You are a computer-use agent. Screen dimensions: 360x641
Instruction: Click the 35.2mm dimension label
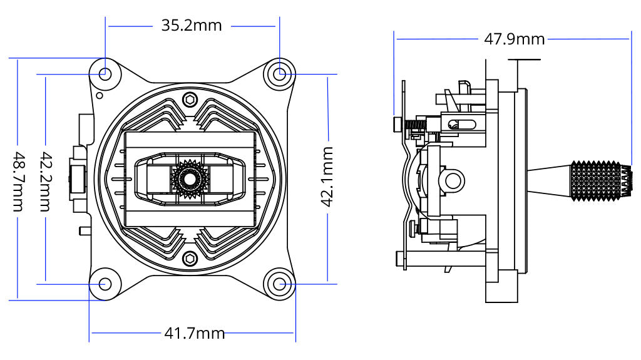[x=192, y=25]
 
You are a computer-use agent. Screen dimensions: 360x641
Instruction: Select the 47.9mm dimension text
[x=515, y=39]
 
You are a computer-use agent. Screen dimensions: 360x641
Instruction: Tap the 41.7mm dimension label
[x=194, y=333]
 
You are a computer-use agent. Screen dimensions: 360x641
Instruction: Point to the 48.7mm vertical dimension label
[x=19, y=182]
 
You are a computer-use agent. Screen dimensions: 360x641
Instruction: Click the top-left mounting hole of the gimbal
[x=105, y=74]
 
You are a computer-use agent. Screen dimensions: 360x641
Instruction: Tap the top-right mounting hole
[x=280, y=74]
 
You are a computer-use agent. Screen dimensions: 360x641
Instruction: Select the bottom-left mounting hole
[x=105, y=284]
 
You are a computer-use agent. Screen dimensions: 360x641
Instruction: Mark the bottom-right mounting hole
[x=280, y=284]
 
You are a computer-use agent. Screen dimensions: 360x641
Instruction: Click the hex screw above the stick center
[x=190, y=100]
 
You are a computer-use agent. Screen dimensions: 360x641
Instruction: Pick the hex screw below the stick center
[x=190, y=258]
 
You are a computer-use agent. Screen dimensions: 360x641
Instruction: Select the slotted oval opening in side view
[x=460, y=123]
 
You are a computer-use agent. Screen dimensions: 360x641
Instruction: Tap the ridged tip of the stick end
[x=625, y=180]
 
